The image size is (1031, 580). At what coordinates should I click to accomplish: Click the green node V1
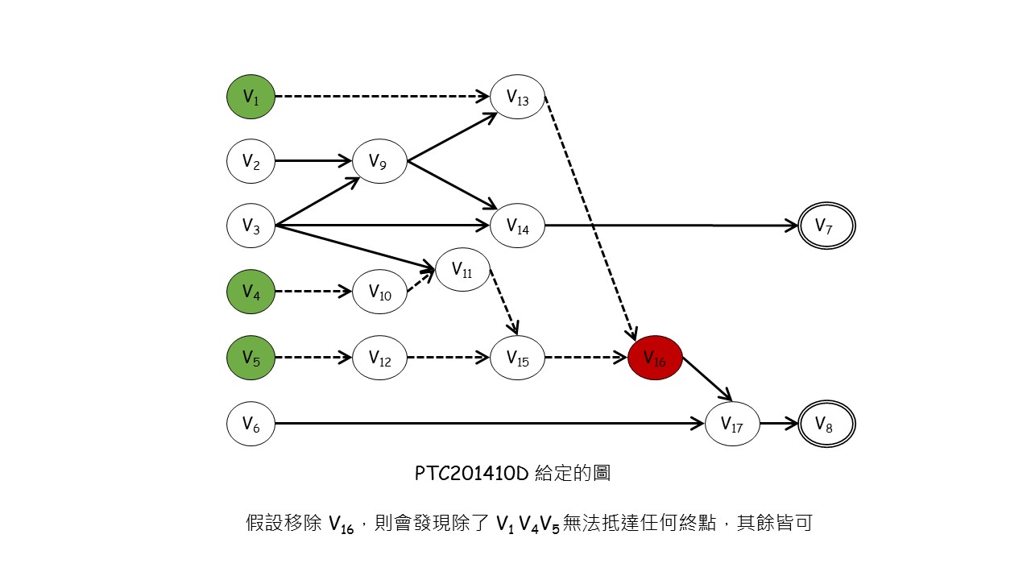click(x=251, y=97)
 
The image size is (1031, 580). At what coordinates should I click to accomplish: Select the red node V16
click(x=655, y=357)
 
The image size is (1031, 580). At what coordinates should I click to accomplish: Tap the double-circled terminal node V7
click(x=826, y=226)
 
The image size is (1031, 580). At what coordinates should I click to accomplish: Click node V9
click(x=379, y=161)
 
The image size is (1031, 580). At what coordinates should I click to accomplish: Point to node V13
click(x=518, y=97)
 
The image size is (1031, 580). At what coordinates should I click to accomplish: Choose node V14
click(x=518, y=226)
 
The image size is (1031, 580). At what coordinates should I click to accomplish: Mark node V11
click(x=462, y=270)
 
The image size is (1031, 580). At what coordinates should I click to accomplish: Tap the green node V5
click(x=251, y=357)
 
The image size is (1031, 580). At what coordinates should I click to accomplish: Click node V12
click(x=379, y=357)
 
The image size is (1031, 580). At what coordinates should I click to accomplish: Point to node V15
click(x=518, y=357)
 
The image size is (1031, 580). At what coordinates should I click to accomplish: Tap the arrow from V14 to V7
click(x=669, y=226)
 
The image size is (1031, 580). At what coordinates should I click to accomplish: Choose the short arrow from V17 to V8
click(x=778, y=423)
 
